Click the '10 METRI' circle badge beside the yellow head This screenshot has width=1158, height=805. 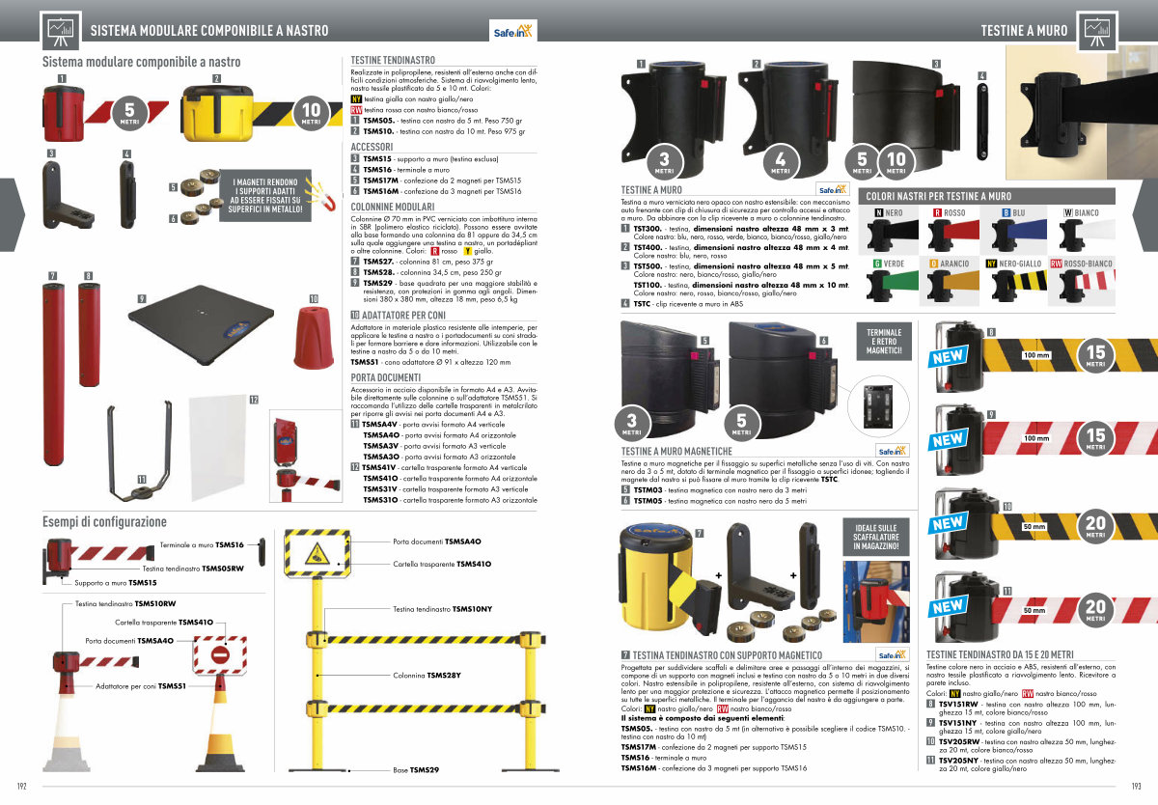click(x=311, y=116)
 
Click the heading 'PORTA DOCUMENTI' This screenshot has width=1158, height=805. click(x=386, y=376)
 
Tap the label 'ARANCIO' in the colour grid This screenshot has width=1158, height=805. click(x=955, y=263)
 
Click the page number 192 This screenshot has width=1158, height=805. click(x=21, y=785)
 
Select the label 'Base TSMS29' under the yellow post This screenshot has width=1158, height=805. click(x=416, y=770)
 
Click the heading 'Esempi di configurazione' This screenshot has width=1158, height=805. click(x=104, y=522)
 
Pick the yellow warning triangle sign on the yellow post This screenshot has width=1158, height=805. click(x=317, y=554)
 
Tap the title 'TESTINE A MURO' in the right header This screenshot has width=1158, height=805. click(x=1024, y=31)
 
